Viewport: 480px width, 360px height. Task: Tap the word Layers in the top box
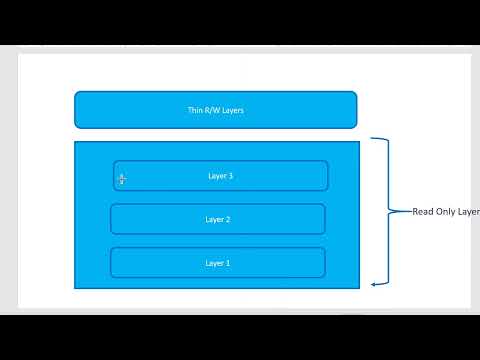(x=231, y=110)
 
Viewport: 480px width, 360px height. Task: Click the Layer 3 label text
(x=220, y=176)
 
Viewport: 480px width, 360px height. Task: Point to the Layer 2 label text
(x=217, y=219)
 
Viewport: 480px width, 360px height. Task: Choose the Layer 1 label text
(x=217, y=263)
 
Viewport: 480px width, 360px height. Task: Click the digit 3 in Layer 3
(x=231, y=176)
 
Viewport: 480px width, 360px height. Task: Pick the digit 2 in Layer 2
(x=228, y=219)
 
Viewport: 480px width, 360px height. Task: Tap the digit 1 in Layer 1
(x=228, y=263)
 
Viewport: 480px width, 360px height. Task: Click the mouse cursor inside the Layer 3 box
(x=122, y=179)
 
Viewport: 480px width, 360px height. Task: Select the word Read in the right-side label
(x=423, y=212)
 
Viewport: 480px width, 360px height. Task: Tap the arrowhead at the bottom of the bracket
(x=373, y=284)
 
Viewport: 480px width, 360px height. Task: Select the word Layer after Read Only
(x=468, y=212)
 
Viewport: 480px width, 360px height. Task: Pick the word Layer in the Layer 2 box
(x=214, y=219)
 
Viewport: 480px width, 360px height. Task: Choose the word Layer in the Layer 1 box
(x=214, y=263)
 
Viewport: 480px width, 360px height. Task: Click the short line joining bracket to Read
(x=402, y=211)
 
